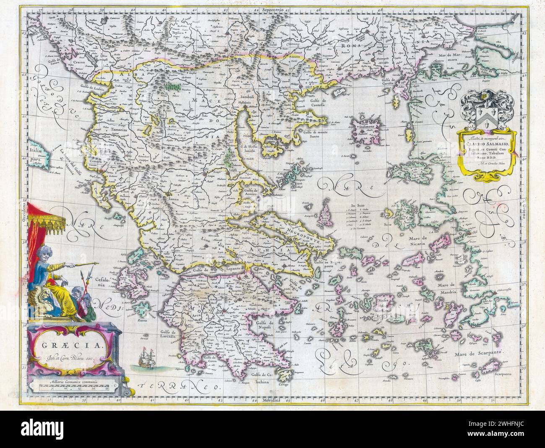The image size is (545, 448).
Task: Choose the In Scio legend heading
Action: tap(356, 205)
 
